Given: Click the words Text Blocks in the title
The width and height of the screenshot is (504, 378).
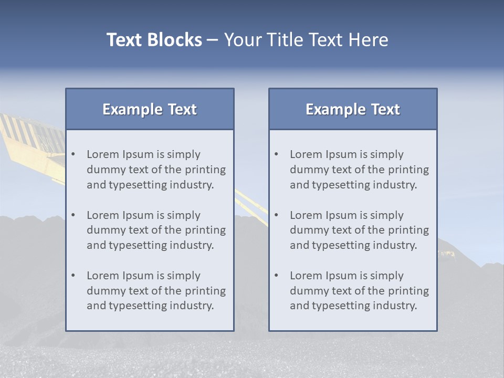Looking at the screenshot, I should point(154,40).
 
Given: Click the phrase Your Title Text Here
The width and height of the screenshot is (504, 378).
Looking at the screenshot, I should point(306,40).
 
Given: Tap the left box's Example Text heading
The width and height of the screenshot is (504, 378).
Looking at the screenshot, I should point(150,109).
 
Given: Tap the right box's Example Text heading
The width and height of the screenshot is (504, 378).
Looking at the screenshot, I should point(353,109).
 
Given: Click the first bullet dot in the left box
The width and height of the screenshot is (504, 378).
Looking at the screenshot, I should point(73,154).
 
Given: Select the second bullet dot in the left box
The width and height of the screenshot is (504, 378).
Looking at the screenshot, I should point(73,215).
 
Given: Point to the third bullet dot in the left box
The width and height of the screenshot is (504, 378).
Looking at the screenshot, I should point(73,276).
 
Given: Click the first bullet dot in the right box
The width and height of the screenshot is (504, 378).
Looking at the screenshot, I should point(277,154).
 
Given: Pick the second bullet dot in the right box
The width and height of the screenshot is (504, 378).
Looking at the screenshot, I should point(277,215).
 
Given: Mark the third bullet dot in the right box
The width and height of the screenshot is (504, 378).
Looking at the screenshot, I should point(277,276).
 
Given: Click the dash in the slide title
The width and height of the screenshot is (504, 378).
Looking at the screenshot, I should point(213,40).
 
